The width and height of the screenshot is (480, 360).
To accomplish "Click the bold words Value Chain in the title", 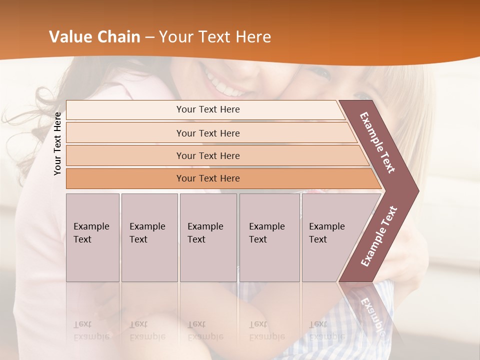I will click(94, 36).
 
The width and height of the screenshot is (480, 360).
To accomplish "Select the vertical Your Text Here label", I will click(58, 143).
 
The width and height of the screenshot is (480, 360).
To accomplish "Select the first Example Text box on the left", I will click(92, 237).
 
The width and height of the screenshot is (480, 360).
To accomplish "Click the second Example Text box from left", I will click(149, 237).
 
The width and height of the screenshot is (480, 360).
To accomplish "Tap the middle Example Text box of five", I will click(208, 237).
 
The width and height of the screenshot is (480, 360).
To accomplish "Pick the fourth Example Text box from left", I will click(269, 237).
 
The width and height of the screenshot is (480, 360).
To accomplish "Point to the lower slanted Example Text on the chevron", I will click(378, 236).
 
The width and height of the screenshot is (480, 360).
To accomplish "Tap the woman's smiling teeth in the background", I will click(227, 85).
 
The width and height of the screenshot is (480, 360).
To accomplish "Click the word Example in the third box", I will click(205, 226).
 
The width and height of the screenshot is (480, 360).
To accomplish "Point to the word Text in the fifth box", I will click(318, 239).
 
